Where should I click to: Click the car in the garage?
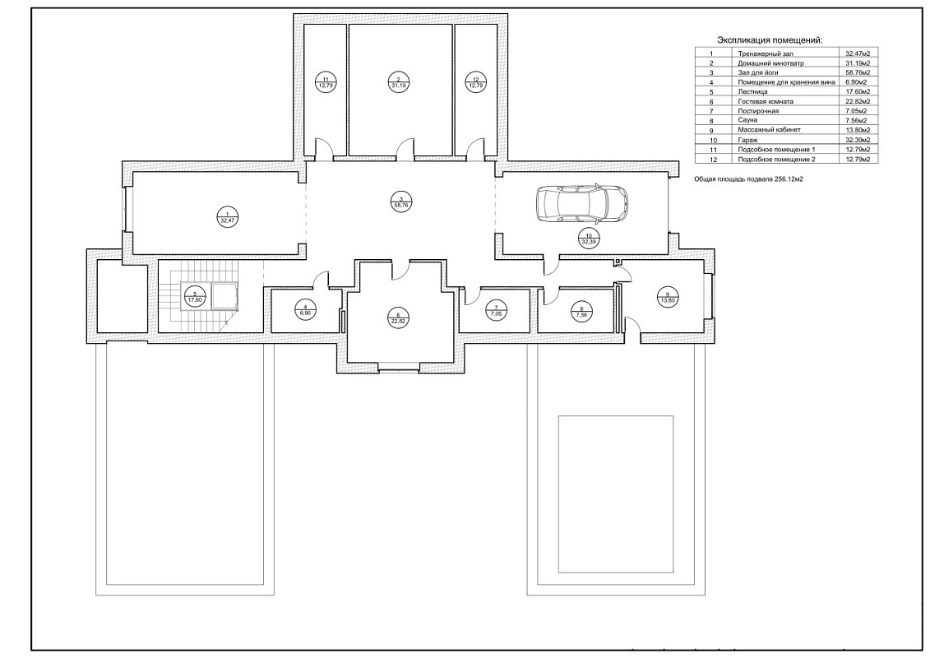pyautogui.click(x=582, y=203)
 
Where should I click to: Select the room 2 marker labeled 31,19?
pyautogui.click(x=398, y=82)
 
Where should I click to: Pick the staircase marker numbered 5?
pyautogui.click(x=195, y=296)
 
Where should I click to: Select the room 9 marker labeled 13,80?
pyautogui.click(x=667, y=296)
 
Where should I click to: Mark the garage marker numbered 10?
pyautogui.click(x=588, y=238)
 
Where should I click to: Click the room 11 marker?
pyautogui.click(x=325, y=82)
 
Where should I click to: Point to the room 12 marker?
pyautogui.click(x=475, y=82)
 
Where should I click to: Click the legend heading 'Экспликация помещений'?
pyautogui.click(x=770, y=39)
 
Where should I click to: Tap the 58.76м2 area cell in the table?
pyautogui.click(x=858, y=72)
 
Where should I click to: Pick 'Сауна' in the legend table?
pyautogui.click(x=747, y=120)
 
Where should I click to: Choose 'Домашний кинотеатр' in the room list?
pyautogui.click(x=771, y=63)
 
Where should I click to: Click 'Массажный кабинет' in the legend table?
pyautogui.click(x=770, y=130)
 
